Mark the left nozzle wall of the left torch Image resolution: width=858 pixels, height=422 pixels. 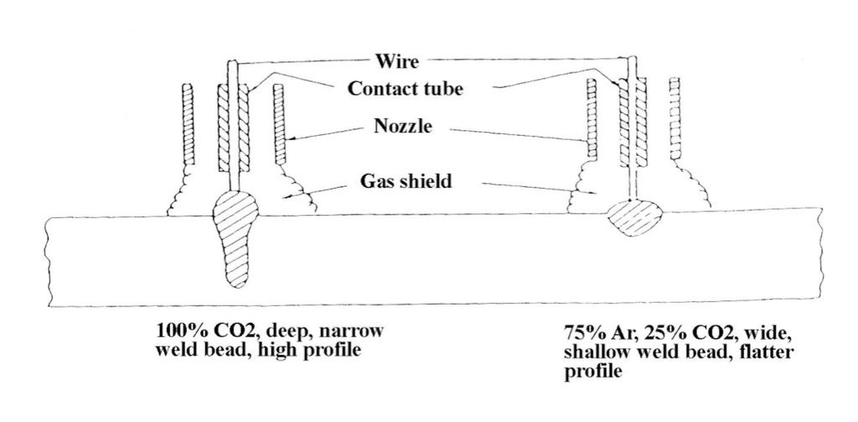[189, 123]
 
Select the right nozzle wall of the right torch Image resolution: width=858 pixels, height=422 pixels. [677, 118]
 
